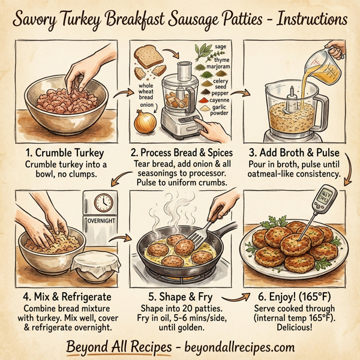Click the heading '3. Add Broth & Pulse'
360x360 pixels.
(292, 152)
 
